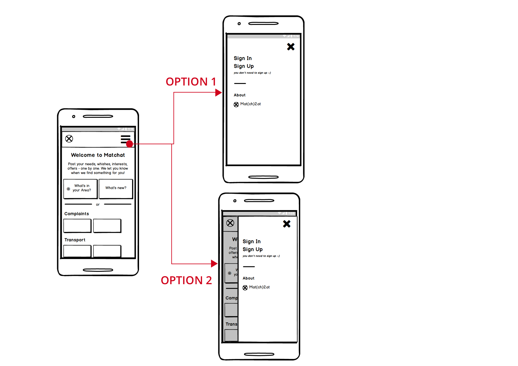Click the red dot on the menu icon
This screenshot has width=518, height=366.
(x=129, y=144)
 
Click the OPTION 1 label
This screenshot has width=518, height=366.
(x=191, y=82)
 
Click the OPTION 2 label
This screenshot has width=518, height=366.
(x=186, y=280)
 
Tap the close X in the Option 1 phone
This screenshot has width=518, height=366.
(x=291, y=47)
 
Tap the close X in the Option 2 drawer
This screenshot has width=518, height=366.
(x=287, y=224)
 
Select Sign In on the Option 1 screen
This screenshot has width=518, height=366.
(x=243, y=58)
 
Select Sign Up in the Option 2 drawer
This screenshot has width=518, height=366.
(x=253, y=249)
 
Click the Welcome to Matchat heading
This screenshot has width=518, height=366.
(x=98, y=155)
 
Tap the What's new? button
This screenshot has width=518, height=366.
(x=116, y=188)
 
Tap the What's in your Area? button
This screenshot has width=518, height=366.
(x=81, y=188)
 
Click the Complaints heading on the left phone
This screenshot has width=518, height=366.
(x=77, y=214)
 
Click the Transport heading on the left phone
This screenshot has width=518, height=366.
(x=75, y=240)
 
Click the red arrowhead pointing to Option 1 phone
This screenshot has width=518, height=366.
(x=218, y=93)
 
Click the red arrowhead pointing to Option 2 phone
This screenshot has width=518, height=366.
(x=214, y=264)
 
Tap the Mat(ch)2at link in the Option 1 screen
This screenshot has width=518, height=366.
(x=250, y=104)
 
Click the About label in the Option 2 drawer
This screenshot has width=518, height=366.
(x=249, y=278)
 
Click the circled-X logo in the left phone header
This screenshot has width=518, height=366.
(x=69, y=139)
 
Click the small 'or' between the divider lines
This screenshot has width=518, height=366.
(x=98, y=205)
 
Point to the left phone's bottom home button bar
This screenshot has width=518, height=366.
(x=98, y=270)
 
